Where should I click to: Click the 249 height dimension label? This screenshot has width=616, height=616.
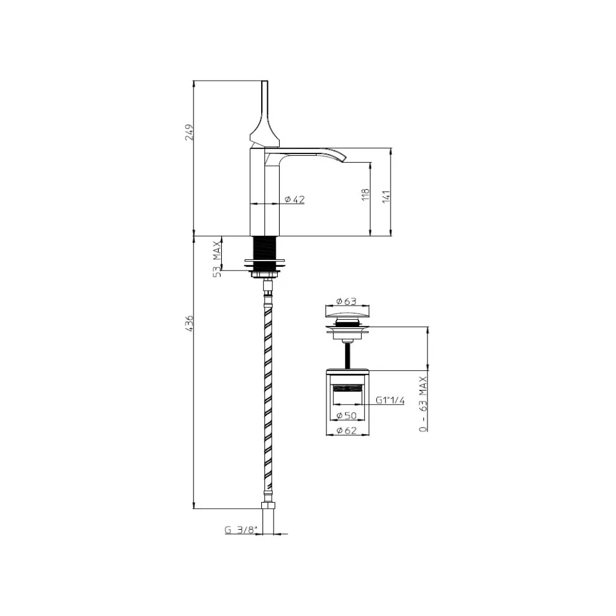(190, 132)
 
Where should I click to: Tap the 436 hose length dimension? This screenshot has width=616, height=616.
(189, 323)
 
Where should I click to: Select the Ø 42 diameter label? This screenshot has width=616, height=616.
(294, 199)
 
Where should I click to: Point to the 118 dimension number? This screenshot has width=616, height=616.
(366, 195)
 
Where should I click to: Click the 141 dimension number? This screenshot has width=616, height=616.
(386, 196)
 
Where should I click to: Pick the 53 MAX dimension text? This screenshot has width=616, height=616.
(217, 260)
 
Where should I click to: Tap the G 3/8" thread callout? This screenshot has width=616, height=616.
(240, 530)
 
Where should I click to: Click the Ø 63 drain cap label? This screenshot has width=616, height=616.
(346, 301)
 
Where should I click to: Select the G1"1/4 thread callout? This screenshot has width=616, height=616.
(390, 400)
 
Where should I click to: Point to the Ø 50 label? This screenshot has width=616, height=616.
(346, 415)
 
